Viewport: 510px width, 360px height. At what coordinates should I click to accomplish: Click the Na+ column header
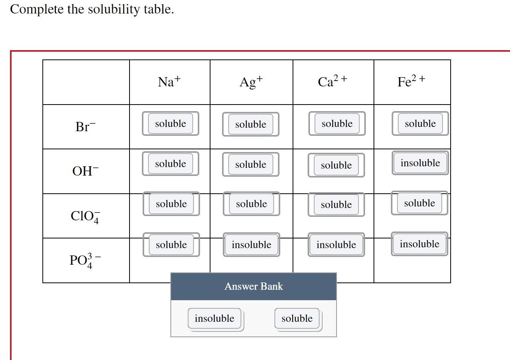coord(169,82)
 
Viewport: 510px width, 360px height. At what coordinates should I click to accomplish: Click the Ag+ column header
coord(251,82)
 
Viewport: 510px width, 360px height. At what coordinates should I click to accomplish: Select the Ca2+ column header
coord(332,81)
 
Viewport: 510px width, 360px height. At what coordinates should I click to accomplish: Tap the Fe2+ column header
coord(411,81)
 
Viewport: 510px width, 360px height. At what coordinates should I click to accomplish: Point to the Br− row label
coord(85,127)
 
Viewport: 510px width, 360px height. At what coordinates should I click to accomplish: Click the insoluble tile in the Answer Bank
coord(215,318)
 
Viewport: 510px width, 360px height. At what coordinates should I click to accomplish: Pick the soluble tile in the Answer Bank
coord(297,318)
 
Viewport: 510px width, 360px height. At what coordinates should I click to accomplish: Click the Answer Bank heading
coord(254,286)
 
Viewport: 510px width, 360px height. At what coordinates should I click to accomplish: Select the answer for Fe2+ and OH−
coord(420,163)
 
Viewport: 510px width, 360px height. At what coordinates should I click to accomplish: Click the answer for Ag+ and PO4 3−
coord(251,245)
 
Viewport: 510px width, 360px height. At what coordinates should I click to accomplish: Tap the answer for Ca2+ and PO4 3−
coord(336,245)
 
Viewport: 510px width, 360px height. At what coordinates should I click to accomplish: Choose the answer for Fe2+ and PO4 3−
coord(419,244)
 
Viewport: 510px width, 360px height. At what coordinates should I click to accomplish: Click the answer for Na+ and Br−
coord(170,123)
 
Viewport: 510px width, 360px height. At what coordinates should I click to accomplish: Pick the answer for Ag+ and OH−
coord(251,164)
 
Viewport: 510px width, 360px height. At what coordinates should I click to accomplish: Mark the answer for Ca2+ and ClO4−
coord(336,205)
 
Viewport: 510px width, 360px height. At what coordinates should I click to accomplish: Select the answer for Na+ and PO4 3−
coord(171,245)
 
